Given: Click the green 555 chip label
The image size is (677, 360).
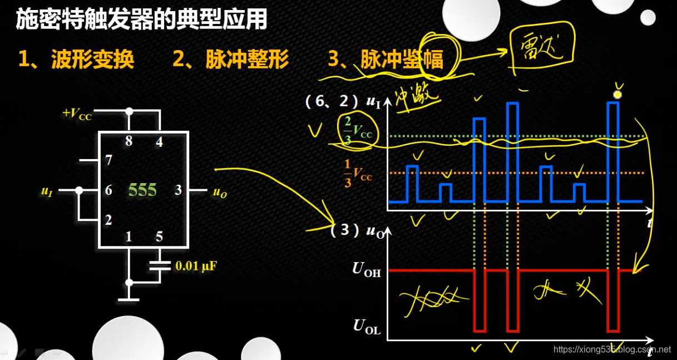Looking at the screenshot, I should click(x=142, y=190).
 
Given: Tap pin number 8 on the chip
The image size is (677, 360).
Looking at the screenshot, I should click(x=129, y=141).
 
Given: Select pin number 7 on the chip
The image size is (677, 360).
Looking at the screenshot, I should click(x=108, y=161).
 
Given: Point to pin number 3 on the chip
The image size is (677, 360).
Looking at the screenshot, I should click(x=178, y=190).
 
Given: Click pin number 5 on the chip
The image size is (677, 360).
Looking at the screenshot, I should click(x=159, y=236).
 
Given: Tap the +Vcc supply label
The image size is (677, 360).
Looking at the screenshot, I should click(x=77, y=114).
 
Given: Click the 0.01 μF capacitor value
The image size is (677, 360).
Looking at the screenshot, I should click(x=196, y=266).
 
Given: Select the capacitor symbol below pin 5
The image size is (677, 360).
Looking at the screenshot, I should click(x=159, y=264).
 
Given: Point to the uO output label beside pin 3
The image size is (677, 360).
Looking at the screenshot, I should click(x=220, y=193).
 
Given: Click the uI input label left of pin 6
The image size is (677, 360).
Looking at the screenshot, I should click(x=47, y=191).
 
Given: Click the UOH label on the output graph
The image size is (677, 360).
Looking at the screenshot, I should click(x=367, y=269).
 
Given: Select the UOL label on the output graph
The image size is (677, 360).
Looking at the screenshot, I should click(x=367, y=327).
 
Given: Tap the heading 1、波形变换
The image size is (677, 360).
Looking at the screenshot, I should click(x=76, y=60).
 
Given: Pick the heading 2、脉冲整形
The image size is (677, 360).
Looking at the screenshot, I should click(x=231, y=60).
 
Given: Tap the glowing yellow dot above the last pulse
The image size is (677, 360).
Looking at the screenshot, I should click(x=616, y=95).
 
